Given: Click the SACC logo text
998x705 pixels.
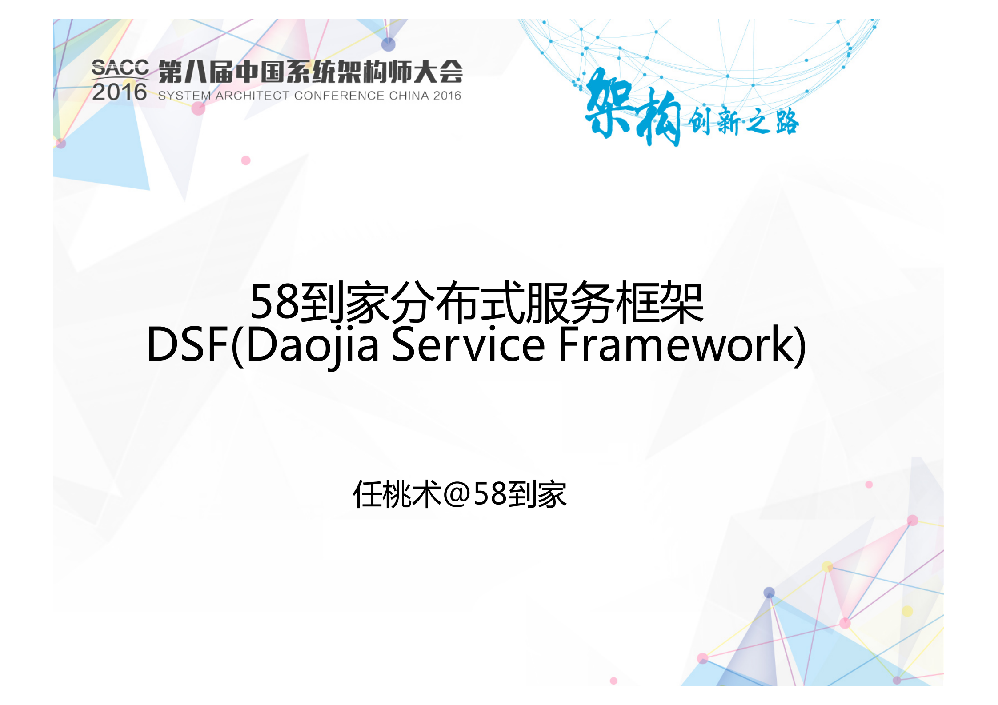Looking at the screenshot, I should click(x=120, y=68).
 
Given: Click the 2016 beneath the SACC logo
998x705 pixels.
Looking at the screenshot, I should click(x=120, y=92).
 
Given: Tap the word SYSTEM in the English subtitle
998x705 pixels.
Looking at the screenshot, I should click(x=184, y=96).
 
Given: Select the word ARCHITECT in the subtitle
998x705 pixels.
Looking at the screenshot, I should click(x=252, y=96).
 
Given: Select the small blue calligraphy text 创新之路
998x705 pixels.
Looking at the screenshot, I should click(x=743, y=121).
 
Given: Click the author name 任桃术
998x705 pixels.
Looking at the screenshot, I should click(x=397, y=494).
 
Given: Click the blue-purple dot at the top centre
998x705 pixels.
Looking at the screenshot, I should click(x=388, y=44).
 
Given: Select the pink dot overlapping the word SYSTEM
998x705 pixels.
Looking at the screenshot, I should click(x=198, y=108).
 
